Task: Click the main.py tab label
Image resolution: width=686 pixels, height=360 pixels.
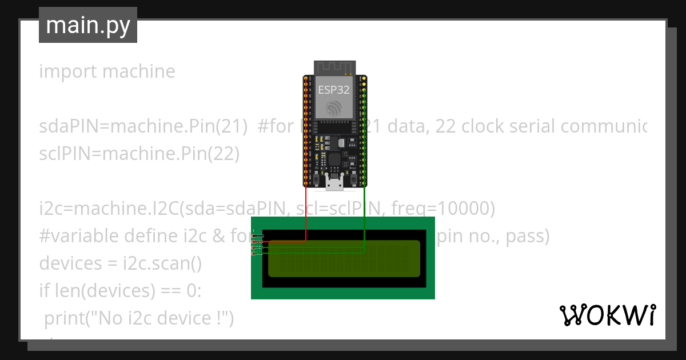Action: [88, 25]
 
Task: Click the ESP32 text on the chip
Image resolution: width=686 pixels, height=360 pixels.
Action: [334, 90]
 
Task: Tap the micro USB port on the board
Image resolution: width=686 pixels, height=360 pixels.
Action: [334, 182]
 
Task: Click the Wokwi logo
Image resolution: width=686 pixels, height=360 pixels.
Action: [607, 315]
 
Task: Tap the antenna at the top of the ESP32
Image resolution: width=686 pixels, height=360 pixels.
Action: [334, 67]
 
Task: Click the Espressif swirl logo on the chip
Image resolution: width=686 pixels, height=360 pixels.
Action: [334, 108]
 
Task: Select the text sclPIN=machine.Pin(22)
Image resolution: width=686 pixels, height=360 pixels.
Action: [139, 154]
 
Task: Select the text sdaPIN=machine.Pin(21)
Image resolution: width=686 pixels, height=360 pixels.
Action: [143, 126]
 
